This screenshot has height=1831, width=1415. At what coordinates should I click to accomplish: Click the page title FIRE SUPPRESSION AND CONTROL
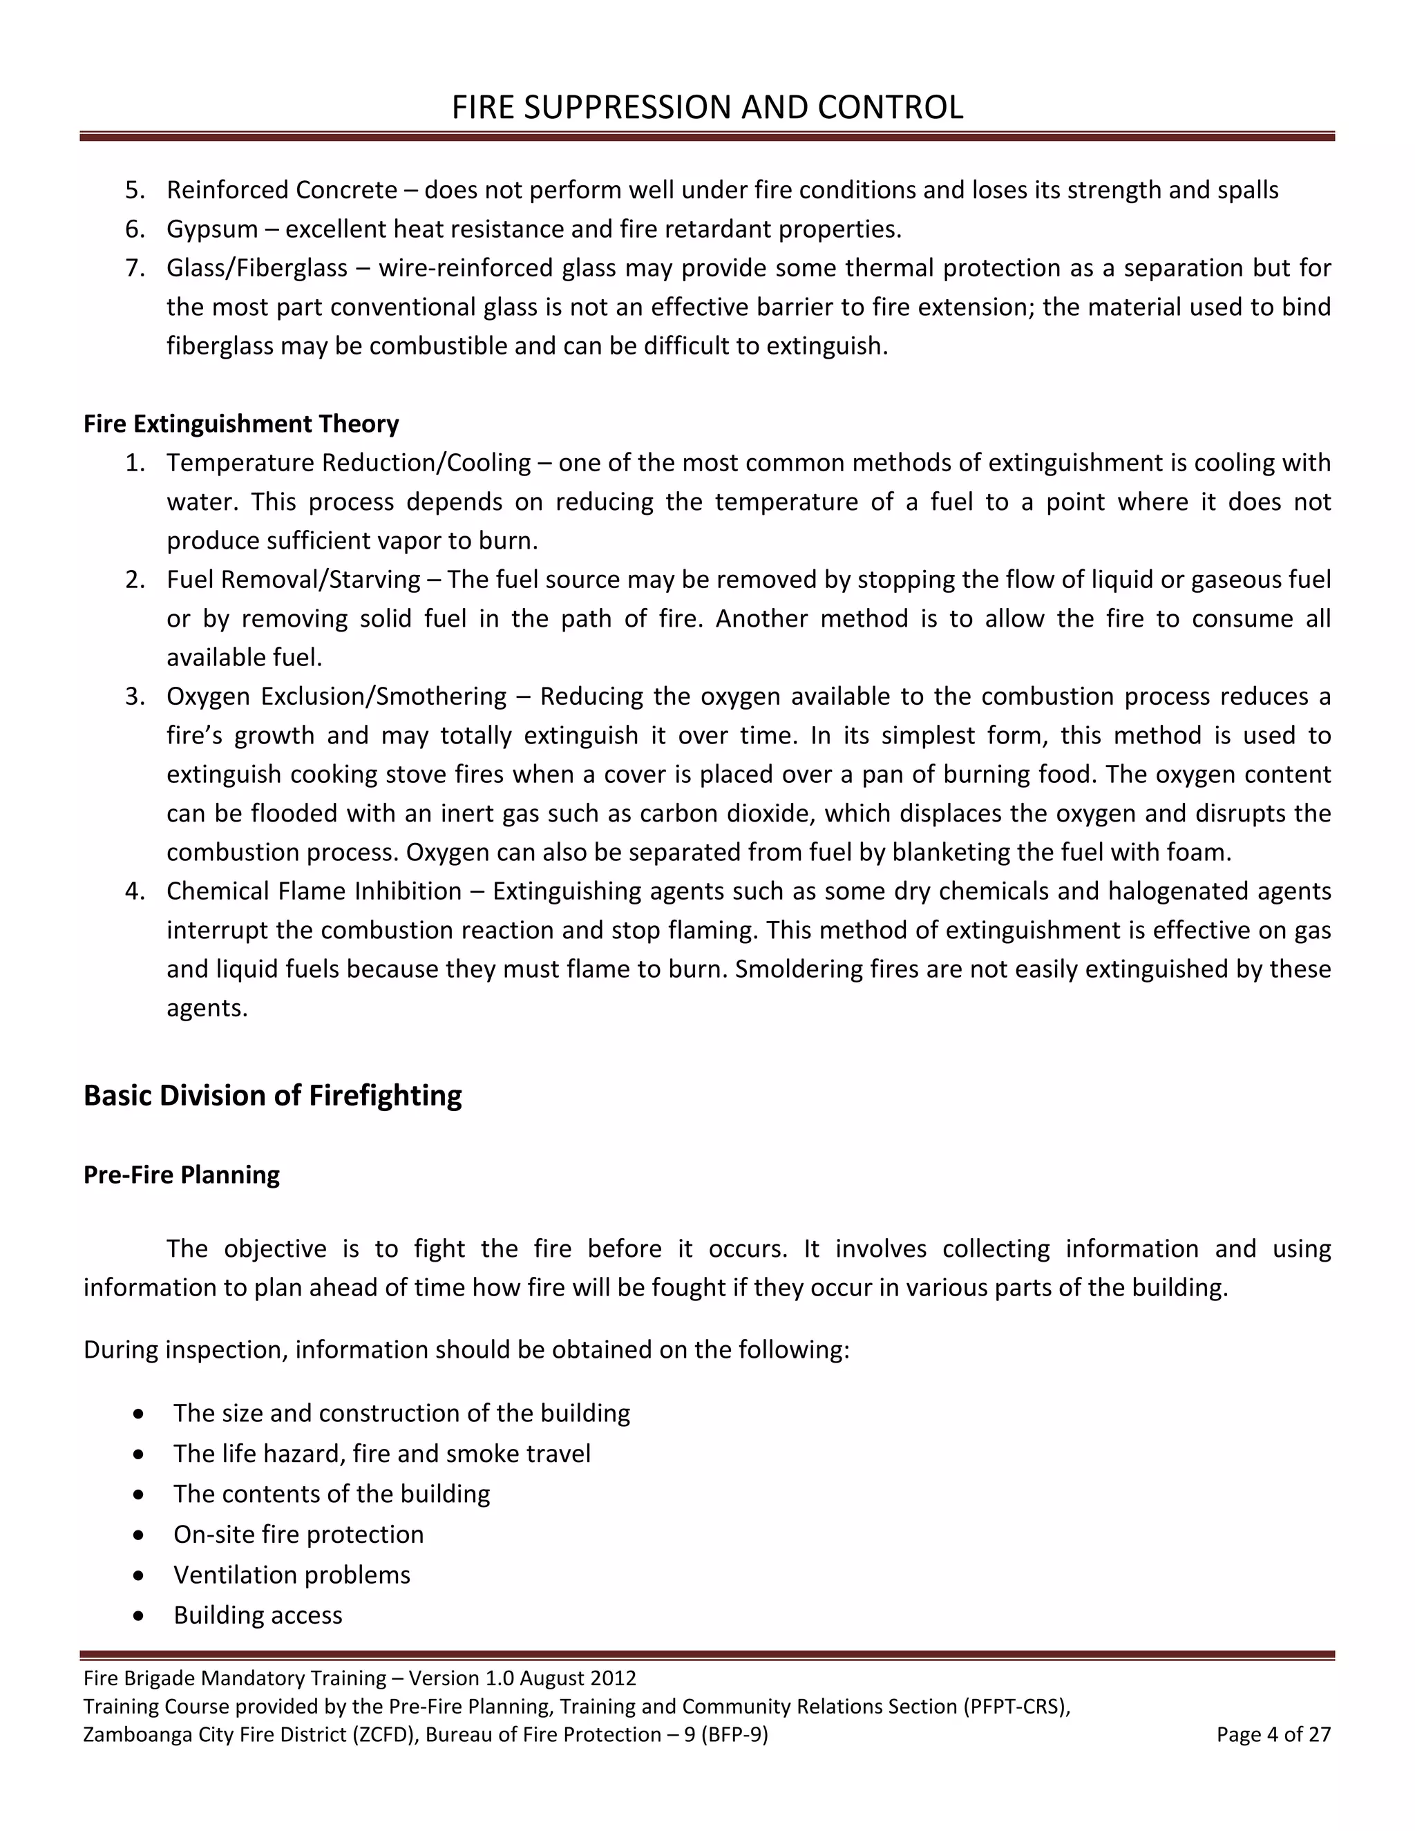[707, 107]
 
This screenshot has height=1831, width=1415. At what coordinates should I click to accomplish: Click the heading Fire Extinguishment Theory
[240, 424]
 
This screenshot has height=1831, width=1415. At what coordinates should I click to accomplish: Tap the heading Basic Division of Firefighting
[272, 1096]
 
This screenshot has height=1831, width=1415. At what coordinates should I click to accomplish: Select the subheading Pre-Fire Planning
[181, 1175]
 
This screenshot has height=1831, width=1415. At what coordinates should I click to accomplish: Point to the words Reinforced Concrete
[282, 190]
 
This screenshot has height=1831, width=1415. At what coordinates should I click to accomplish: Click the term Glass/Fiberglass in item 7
[256, 268]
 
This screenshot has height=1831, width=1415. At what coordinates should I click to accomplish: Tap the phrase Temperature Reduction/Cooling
[349, 463]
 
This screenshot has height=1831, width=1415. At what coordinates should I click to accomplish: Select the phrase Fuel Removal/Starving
[294, 579]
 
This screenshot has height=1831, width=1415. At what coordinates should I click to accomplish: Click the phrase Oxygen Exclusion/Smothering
[336, 696]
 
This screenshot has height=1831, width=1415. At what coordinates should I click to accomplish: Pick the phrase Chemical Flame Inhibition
[314, 891]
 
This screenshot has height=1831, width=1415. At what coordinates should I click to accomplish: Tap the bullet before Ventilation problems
[138, 1575]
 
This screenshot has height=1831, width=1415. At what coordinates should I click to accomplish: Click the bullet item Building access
[257, 1615]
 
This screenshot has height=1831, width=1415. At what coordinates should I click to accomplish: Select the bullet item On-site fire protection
[298, 1534]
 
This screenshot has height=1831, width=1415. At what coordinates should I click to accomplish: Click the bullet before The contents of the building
[138, 1495]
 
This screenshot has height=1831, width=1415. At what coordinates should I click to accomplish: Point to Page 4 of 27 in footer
[1273, 1734]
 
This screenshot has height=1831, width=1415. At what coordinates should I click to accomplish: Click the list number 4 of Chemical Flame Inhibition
[134, 891]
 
